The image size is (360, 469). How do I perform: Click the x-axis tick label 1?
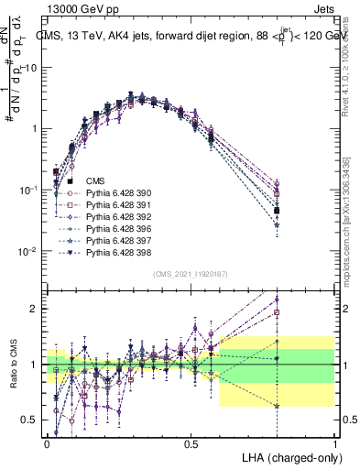click(x=335, y=442)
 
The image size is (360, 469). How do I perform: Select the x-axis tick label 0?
click(x=47, y=442)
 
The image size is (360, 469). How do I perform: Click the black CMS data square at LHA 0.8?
click(x=277, y=211)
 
